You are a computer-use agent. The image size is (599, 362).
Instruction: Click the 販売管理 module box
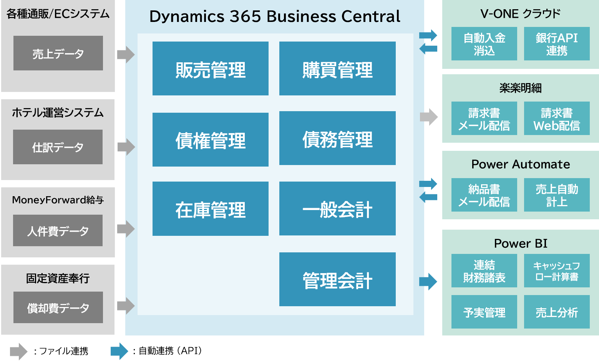(210, 68)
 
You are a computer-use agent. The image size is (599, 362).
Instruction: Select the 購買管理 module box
(337, 68)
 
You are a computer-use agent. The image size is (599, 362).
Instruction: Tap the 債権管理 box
(210, 140)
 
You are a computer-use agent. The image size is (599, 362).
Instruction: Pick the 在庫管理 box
(210, 209)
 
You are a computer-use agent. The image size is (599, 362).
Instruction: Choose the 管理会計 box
(337, 279)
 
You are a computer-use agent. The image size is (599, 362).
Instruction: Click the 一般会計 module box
(337, 209)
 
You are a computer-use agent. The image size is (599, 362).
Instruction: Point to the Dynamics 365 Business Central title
(275, 17)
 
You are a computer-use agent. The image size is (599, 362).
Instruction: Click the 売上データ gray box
(58, 53)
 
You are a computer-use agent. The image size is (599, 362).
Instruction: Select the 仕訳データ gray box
(58, 147)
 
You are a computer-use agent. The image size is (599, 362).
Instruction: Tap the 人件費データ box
(58, 230)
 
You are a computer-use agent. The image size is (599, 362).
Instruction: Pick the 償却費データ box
(58, 307)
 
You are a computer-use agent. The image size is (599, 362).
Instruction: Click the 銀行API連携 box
(557, 44)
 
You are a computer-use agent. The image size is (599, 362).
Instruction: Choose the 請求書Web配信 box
(557, 118)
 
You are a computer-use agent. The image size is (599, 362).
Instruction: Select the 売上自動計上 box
(557, 195)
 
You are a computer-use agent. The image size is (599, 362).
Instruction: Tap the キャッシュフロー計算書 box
(557, 270)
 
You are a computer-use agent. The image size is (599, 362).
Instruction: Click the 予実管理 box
(484, 312)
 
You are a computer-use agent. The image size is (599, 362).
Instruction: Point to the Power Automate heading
(521, 164)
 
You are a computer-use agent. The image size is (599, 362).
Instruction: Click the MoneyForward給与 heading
(58, 200)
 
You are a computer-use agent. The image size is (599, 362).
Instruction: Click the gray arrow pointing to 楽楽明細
(429, 117)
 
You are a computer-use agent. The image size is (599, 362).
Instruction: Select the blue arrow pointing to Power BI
(428, 281)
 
